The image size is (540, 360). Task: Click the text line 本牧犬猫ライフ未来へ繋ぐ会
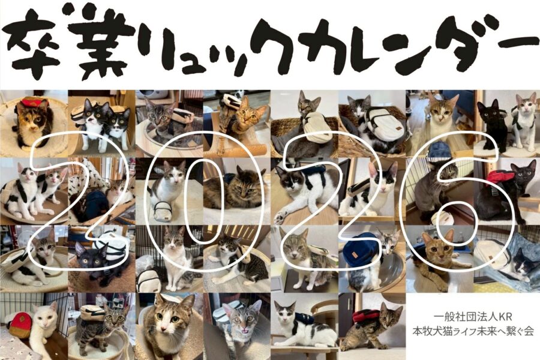(x=473, y=331)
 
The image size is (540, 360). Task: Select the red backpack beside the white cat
(x=20, y=325)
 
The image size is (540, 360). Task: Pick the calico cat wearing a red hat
(x=33, y=121)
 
